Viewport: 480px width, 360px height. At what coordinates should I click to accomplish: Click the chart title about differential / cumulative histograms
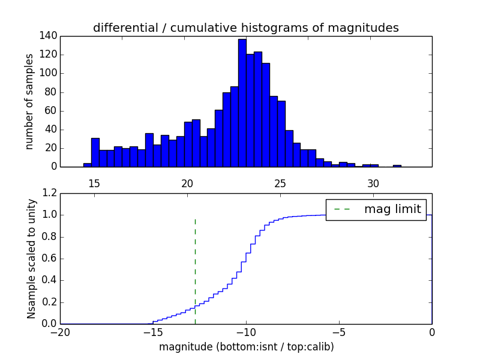pyautogui.click(x=246, y=28)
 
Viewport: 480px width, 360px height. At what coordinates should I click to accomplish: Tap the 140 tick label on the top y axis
pyautogui.click(x=49, y=36)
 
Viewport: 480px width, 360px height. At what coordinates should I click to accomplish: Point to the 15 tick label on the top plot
pyautogui.click(x=94, y=183)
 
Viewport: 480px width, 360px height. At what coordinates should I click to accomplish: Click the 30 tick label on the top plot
pyautogui.click(x=373, y=183)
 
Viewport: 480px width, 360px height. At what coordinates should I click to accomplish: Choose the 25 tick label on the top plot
pyautogui.click(x=280, y=183)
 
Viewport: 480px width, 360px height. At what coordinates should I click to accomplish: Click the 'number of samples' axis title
pyautogui.click(x=29, y=101)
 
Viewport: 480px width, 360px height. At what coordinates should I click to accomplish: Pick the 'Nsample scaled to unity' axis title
pyautogui.click(x=31, y=258)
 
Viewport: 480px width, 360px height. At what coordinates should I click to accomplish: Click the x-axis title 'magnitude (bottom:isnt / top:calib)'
pyautogui.click(x=246, y=347)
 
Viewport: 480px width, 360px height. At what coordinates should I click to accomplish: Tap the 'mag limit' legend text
pyautogui.click(x=392, y=209)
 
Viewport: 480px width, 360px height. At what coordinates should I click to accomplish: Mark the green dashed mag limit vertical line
pyautogui.click(x=195, y=270)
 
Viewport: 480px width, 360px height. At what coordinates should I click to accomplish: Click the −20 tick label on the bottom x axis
pyautogui.click(x=60, y=333)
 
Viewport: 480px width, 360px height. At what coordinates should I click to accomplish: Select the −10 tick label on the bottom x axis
pyautogui.click(x=246, y=333)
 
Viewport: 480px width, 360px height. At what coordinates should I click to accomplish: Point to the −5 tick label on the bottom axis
pyautogui.click(x=339, y=333)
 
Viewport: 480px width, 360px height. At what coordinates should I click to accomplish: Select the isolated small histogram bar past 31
pyautogui.click(x=397, y=166)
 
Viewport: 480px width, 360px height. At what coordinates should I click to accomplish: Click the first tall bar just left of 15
pyautogui.click(x=95, y=152)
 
